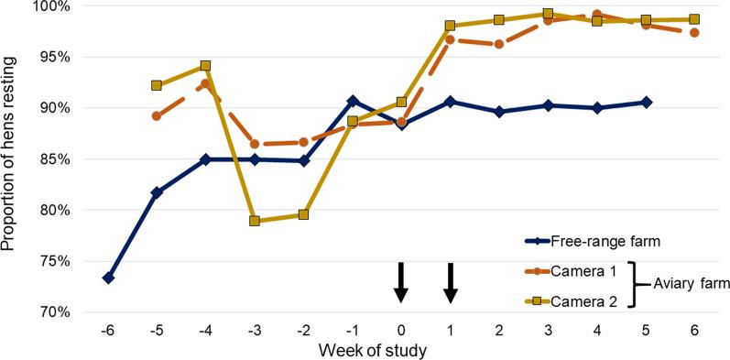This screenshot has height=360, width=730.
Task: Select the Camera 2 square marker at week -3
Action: pyautogui.click(x=255, y=221)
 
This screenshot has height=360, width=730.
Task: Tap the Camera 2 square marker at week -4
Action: pyautogui.click(x=205, y=66)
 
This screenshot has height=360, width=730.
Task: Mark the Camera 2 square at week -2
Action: pyautogui.click(x=303, y=214)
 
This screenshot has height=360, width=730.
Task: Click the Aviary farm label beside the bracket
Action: pyautogui.click(x=692, y=285)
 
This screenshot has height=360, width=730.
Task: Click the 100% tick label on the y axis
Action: pyautogui.click(x=44, y=6)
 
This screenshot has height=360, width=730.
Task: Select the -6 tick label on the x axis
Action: pyautogui.click(x=107, y=328)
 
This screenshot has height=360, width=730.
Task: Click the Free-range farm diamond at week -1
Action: pyautogui.click(x=353, y=102)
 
